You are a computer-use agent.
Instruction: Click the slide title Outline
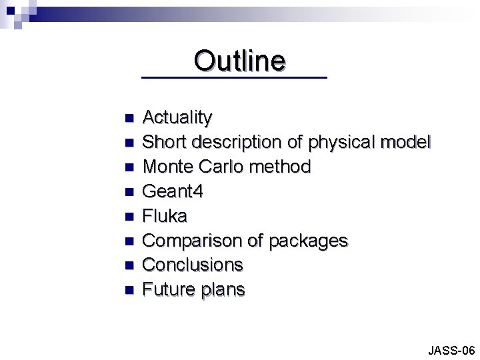(x=240, y=61)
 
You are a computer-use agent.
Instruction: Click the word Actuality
(x=177, y=118)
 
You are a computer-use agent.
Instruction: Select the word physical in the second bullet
(x=338, y=142)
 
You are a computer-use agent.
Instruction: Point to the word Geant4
(x=173, y=191)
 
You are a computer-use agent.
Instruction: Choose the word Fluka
(x=165, y=216)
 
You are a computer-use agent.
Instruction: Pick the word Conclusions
(x=193, y=265)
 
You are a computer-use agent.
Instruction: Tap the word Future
(x=167, y=289)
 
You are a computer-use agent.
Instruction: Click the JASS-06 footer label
(x=451, y=350)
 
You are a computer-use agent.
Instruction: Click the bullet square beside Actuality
(x=129, y=119)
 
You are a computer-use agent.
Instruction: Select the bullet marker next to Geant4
(x=129, y=192)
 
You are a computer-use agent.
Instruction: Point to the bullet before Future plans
(x=129, y=290)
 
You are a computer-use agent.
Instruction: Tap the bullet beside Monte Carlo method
(x=129, y=167)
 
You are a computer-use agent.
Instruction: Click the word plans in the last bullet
(x=223, y=290)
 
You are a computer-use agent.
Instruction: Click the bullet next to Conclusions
(x=129, y=265)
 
